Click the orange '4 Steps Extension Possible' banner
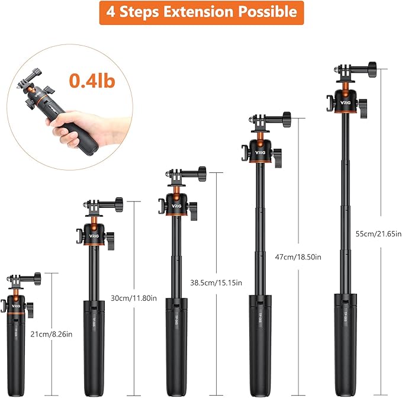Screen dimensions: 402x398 [x=201, y=13]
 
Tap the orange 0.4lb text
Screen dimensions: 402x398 [x=92, y=81]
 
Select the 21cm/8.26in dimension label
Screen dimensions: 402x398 [x=52, y=334]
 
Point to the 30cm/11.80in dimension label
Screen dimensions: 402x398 [x=134, y=298]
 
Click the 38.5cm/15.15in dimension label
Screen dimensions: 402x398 [x=216, y=283]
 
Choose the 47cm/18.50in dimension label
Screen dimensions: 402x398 [x=298, y=256]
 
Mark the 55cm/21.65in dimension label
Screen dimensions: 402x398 [x=378, y=234]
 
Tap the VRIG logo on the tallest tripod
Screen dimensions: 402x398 [x=345, y=102]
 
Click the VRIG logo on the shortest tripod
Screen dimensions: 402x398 [x=16, y=306]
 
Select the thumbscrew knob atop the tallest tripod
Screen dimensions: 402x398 [x=372, y=69]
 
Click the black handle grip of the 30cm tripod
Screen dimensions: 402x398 [x=94, y=348]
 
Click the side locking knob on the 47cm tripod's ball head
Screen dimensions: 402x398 [x=278, y=158]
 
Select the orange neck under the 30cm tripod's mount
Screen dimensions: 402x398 [x=94, y=220]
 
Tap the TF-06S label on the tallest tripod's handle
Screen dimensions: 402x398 [x=345, y=316]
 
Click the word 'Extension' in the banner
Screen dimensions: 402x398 [x=198, y=12]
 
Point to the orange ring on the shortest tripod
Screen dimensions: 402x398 [x=16, y=314]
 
